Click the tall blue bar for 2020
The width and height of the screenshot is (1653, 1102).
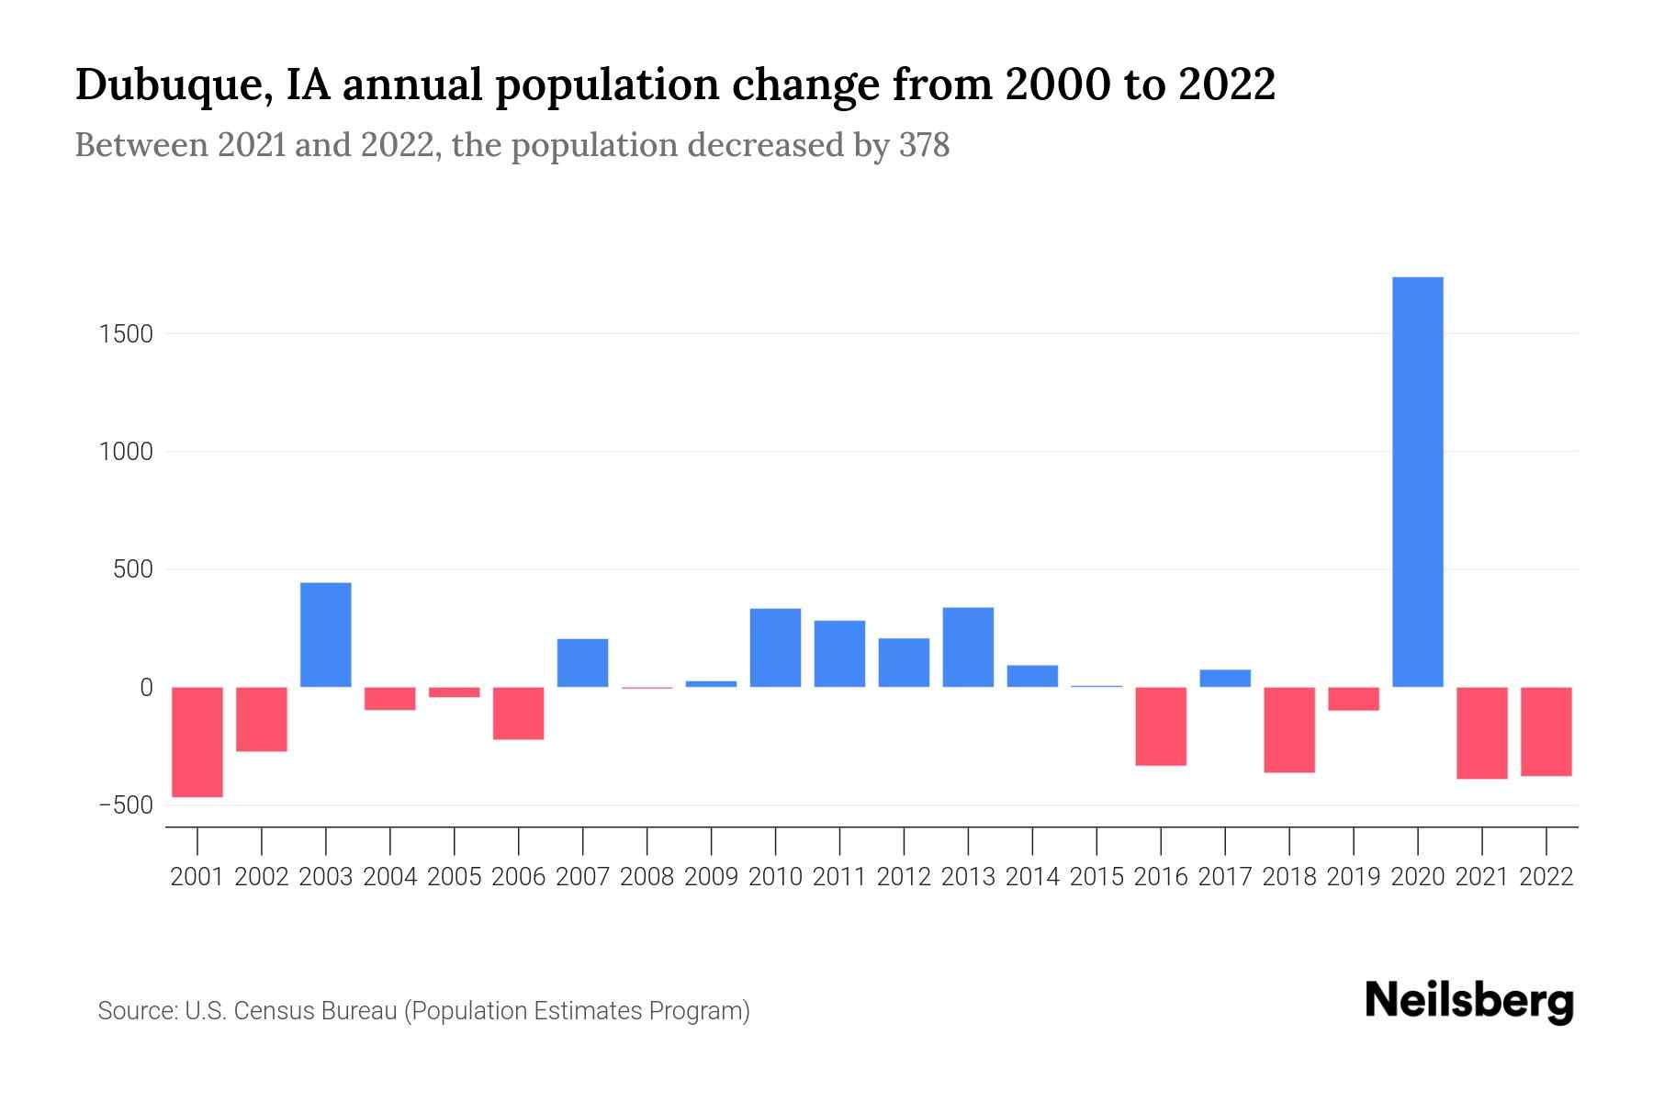click(1417, 482)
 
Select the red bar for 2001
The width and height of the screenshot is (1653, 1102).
click(197, 742)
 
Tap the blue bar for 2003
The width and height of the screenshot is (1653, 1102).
click(326, 635)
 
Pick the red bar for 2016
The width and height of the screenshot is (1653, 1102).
click(1161, 726)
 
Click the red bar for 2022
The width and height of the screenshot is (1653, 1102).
click(1546, 732)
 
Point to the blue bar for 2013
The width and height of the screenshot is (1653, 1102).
click(968, 647)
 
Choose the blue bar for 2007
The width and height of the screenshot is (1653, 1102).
click(582, 663)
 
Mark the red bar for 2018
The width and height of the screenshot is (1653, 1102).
click(1289, 730)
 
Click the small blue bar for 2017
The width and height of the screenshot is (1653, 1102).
click(1225, 679)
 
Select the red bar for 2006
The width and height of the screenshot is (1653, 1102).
click(519, 714)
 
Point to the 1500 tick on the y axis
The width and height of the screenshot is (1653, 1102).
click(126, 334)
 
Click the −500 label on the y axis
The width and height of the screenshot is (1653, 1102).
click(126, 805)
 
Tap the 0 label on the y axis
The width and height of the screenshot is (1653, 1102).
click(146, 688)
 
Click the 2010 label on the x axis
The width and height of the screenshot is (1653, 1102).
click(775, 877)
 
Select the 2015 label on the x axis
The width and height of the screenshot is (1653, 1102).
click(1096, 877)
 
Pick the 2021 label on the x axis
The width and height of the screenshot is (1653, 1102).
click(1481, 877)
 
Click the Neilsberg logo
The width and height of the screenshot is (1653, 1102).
click(1469, 1001)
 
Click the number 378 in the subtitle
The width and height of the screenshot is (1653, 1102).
click(924, 146)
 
